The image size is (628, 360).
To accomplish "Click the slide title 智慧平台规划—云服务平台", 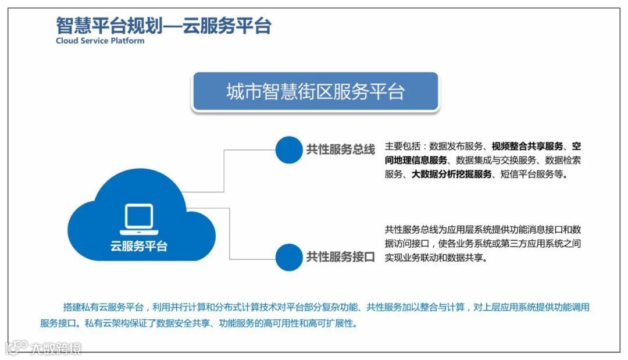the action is tap(163, 26).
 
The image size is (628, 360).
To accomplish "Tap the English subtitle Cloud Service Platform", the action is tap(100, 41).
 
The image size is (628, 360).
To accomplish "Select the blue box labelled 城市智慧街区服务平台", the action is tap(315, 92).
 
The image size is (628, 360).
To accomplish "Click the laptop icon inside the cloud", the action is tap(139, 219).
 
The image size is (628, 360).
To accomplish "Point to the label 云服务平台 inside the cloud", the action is tap(139, 246).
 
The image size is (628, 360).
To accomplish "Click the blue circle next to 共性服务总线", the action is tap(289, 149).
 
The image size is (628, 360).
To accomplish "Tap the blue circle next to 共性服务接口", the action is tap(289, 256).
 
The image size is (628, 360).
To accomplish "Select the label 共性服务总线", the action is tap(341, 149).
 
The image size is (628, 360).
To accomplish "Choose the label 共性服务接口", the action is tap(341, 256).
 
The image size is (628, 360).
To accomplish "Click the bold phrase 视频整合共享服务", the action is tap(527, 146).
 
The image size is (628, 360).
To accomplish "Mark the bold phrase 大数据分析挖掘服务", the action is tap(452, 174).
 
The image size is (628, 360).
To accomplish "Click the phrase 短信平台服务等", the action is tap(532, 174).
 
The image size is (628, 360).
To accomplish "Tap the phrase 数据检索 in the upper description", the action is tap(562, 160).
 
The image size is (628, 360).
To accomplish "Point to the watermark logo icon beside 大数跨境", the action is tap(17, 347).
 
